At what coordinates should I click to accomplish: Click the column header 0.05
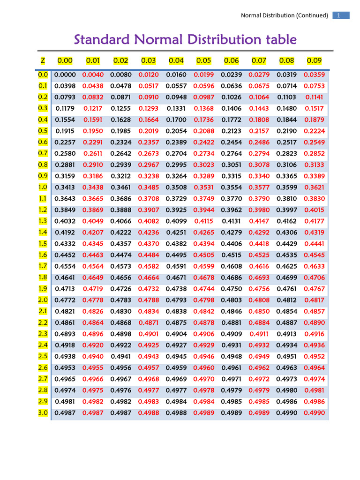pos(204,60)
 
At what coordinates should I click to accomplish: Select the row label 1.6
pos(43,255)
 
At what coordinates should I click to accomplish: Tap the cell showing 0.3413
pos(65,187)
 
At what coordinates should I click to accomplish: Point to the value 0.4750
pos(231,289)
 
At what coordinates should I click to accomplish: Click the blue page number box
pos(341,15)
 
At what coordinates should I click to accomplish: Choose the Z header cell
pos(43,60)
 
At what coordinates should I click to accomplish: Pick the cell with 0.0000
pos(65,75)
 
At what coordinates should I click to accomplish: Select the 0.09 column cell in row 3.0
pos(314,412)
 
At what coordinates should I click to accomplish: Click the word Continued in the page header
pos(312,15)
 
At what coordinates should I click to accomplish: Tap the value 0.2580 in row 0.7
pos(65,154)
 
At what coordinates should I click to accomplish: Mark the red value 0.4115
pos(204,221)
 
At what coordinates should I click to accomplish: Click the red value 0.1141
pos(314,97)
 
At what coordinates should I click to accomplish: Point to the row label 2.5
pos(43,356)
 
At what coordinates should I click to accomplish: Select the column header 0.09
pos(314,60)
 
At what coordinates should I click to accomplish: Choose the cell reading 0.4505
pos(204,255)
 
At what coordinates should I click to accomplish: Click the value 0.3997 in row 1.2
pos(286,210)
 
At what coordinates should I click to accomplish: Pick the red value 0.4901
pos(149,334)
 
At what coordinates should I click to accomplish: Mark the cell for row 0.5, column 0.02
pos(120,131)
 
